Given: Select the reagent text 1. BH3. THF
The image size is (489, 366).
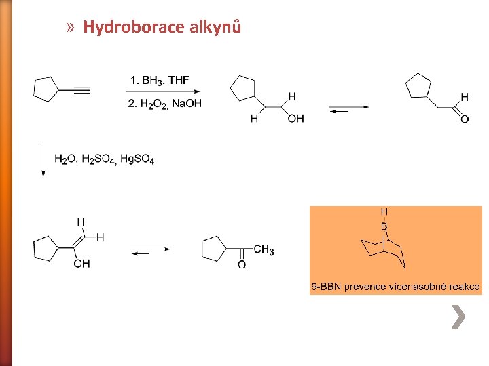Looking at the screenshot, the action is [160, 80].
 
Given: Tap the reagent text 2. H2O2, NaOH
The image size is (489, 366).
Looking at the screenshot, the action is [164, 103].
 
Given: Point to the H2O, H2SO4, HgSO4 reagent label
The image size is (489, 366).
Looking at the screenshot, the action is [105, 160].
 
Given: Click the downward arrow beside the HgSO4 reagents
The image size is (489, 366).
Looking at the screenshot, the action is [43, 159].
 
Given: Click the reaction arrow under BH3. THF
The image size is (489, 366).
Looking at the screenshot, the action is [164, 91].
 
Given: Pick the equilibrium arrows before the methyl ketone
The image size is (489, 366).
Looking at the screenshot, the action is [150, 251].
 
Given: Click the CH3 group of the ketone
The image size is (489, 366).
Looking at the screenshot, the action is [264, 250].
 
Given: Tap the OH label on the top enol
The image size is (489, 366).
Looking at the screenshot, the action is [295, 119].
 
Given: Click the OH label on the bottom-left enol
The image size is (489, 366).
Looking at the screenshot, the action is [81, 264].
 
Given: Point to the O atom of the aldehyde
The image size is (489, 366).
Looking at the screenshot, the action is [465, 119].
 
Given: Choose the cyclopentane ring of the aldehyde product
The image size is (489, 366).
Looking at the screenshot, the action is [418, 86].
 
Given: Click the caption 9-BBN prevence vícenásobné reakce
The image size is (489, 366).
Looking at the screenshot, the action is [395, 287].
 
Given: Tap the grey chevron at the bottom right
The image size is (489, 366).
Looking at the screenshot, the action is [459, 317].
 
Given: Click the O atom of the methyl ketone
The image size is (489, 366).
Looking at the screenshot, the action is [241, 264].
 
